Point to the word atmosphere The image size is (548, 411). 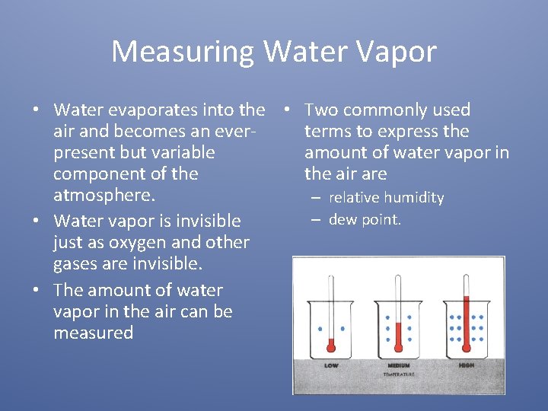[104, 196]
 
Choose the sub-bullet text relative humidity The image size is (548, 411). [386, 198]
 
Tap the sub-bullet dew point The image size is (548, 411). [365, 220]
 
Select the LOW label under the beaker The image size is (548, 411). [331, 365]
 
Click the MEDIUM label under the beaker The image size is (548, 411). [398, 365]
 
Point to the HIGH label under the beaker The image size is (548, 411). [466, 365]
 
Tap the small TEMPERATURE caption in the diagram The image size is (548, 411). [398, 374]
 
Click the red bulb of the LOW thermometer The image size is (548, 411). [331, 346]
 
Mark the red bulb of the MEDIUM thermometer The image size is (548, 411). [398, 346]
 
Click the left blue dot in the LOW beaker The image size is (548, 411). [320, 330]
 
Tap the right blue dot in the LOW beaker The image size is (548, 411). [342, 330]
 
